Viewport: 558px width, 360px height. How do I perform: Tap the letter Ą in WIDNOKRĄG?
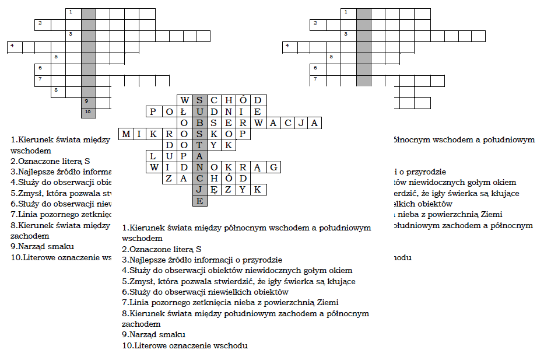tap(259, 167)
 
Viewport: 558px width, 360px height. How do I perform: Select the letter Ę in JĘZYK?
tap(214, 190)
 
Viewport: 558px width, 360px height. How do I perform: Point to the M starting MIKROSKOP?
tap(126, 134)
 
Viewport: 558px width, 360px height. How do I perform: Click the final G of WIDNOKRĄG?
tap(274, 167)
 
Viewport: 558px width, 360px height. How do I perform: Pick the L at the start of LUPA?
tap(153, 156)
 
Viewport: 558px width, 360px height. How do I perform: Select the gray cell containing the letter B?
tap(199, 123)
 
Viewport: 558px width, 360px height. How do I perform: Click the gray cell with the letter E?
tap(199, 201)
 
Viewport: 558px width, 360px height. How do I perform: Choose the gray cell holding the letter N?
tap(199, 167)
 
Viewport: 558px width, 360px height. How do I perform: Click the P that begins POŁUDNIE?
tap(153, 111)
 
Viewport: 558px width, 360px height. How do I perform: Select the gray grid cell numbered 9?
tap(88, 101)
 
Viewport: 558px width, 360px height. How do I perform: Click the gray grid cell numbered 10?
tap(88, 111)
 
